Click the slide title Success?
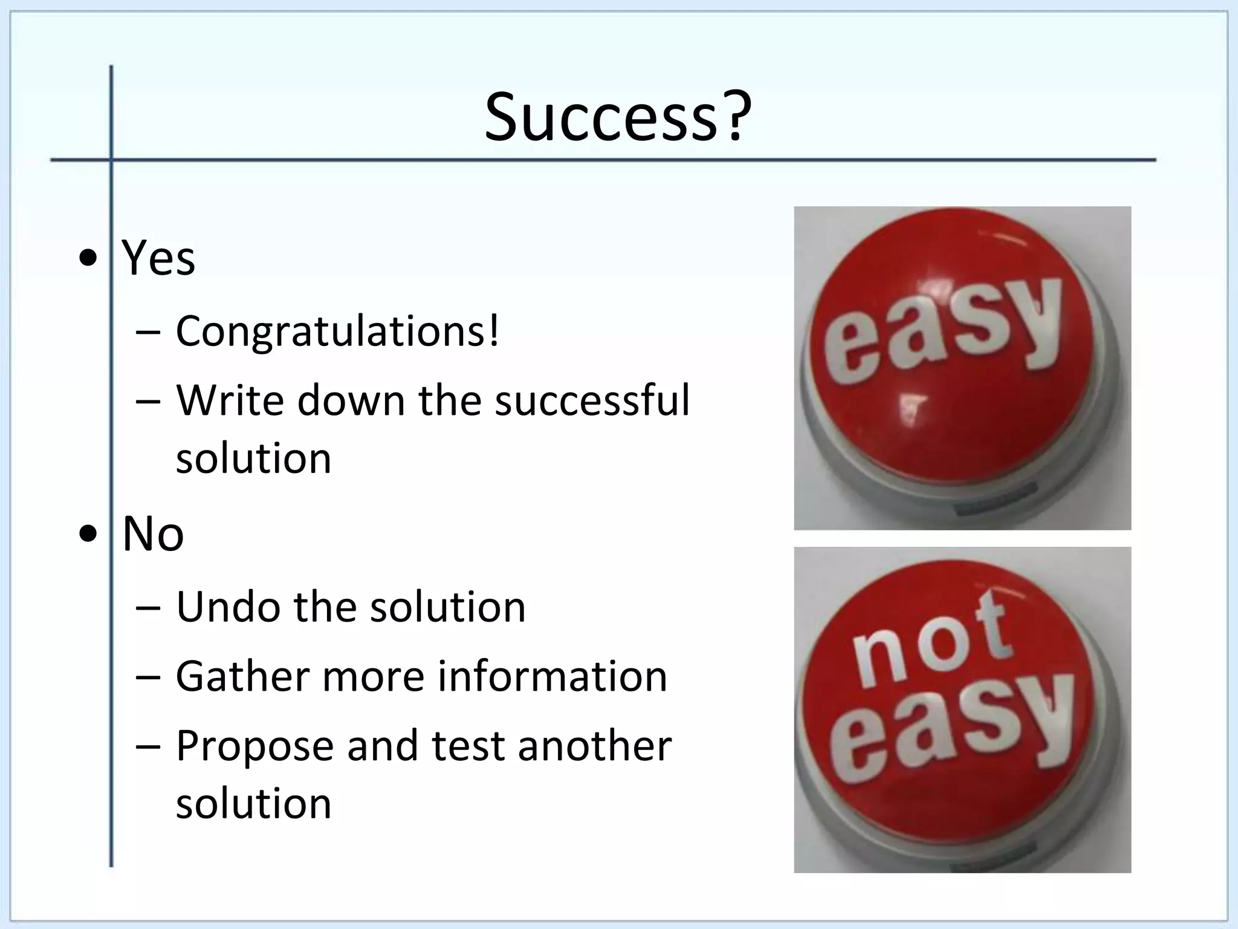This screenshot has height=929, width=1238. pos(618,117)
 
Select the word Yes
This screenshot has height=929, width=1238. pos(158,258)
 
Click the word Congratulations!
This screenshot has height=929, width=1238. pos(337,332)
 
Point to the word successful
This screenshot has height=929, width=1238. pos(592,400)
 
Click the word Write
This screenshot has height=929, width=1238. pos(230,400)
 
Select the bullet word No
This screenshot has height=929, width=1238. pos(153,534)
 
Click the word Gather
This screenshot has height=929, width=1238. pos(242,676)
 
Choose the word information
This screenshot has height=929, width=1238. pos(553,676)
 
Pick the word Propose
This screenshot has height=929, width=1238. pos(254,746)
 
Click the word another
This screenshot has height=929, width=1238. pos(595,746)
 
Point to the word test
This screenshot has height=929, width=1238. pos(468,746)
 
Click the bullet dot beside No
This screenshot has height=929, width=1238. pos(88,535)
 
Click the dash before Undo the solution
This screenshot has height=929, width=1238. pos(149,607)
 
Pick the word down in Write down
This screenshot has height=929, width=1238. pos(351,400)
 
